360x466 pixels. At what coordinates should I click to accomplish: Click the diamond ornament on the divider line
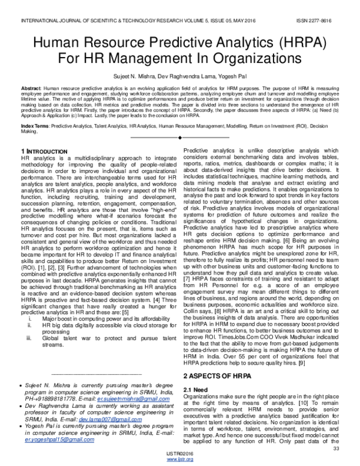pos(180,138)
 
